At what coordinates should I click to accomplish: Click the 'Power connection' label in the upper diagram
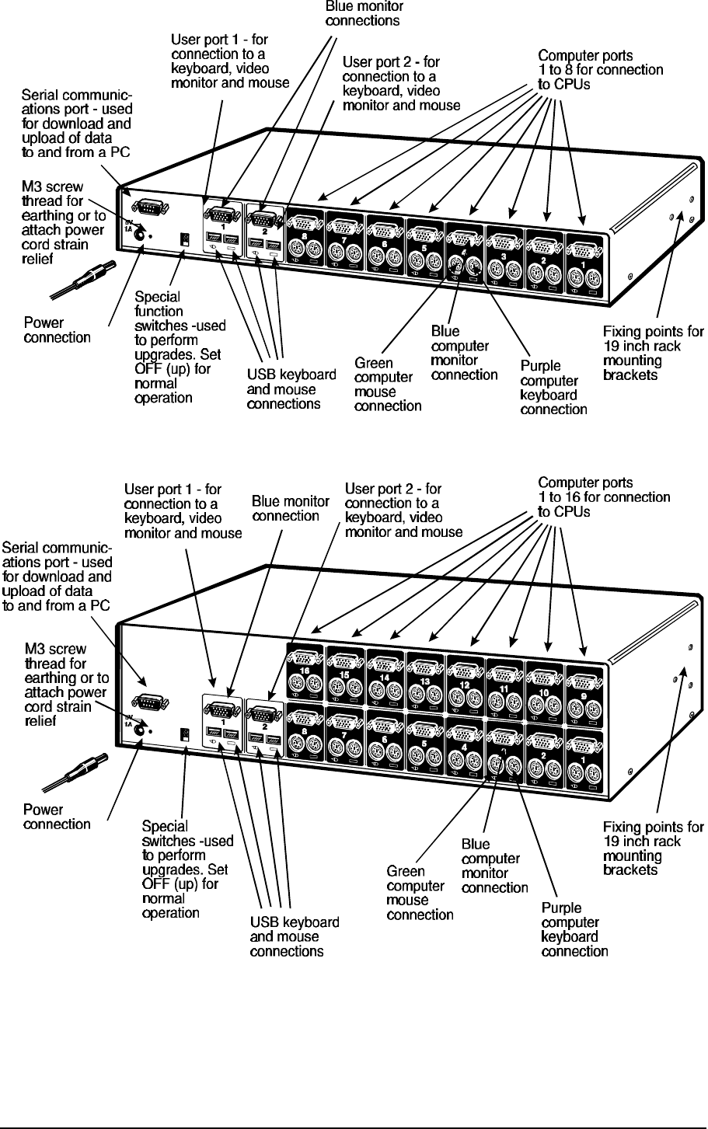pos(57,330)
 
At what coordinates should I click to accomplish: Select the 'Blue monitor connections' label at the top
pos(362,13)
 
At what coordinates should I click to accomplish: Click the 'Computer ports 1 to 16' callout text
pos(604,497)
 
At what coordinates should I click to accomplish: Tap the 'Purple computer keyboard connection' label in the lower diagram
pos(574,929)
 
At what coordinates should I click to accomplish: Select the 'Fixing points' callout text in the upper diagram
pos(653,354)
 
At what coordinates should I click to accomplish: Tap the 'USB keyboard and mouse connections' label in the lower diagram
pos(294,936)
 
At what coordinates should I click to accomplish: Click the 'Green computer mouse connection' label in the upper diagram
pos(387,384)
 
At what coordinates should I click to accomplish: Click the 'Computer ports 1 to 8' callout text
pos(601,70)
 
